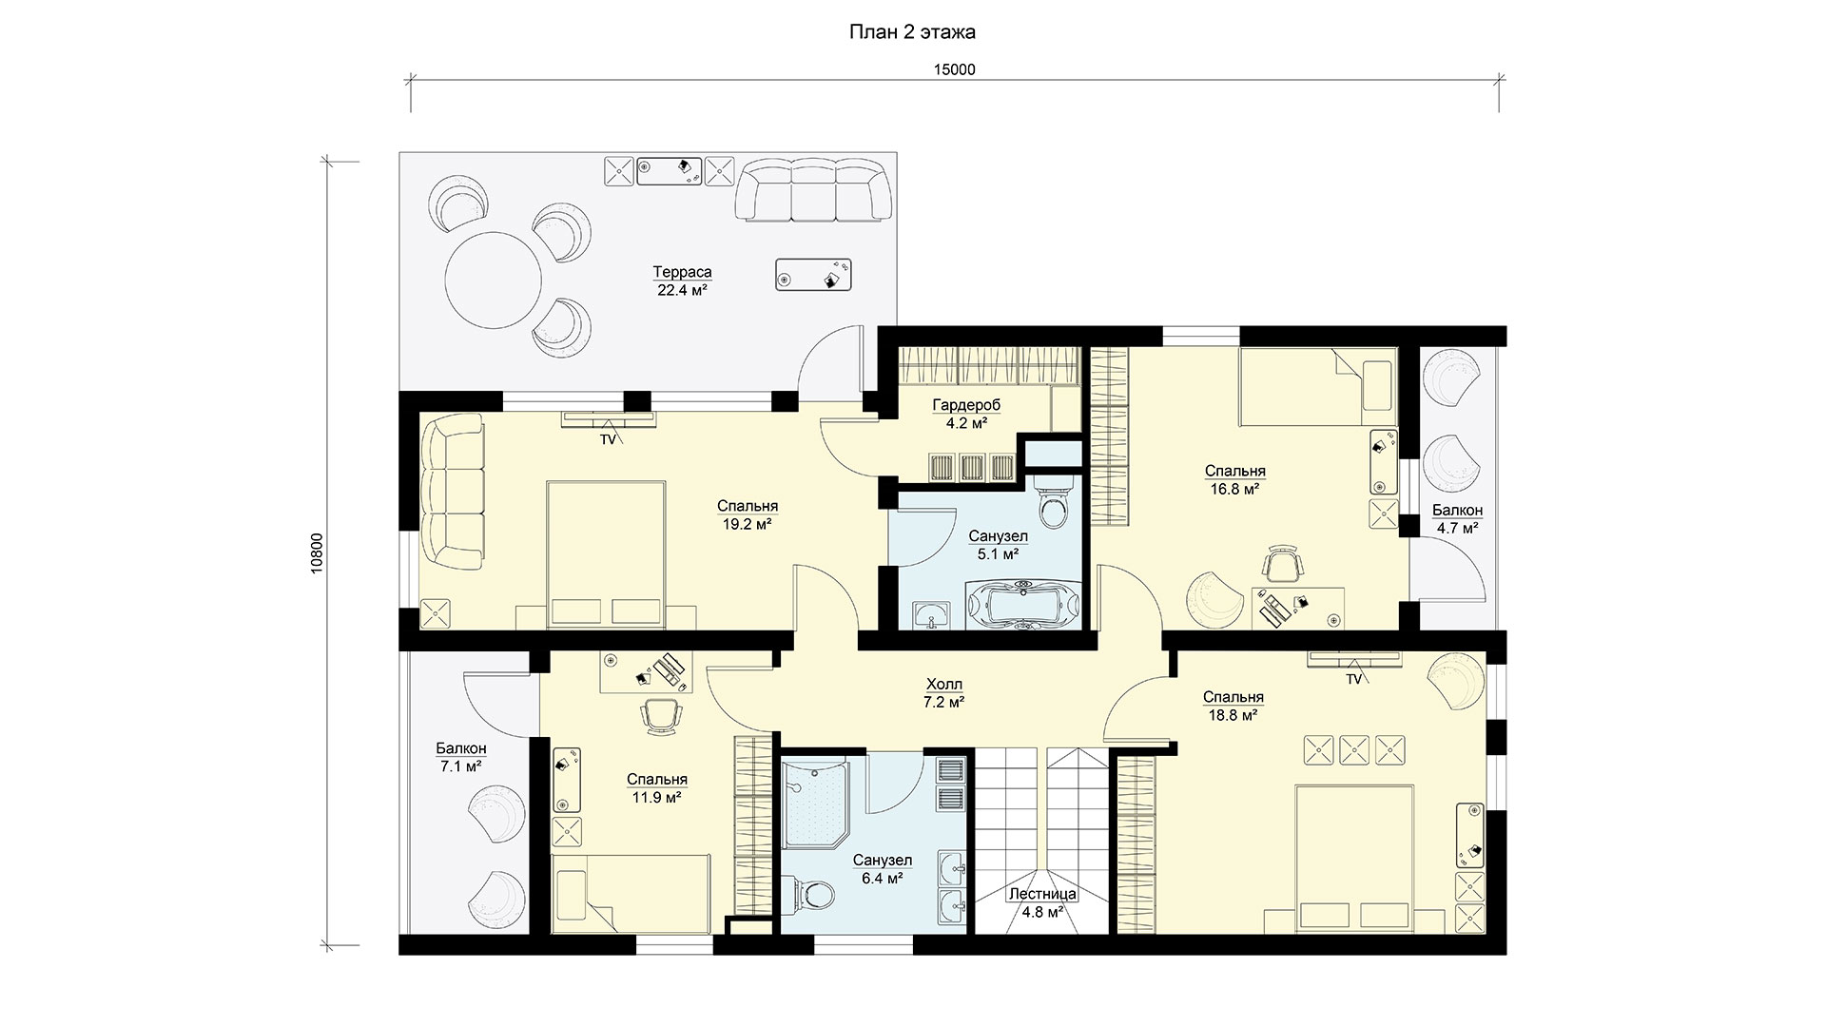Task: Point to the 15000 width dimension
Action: click(956, 69)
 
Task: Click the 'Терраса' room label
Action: click(682, 272)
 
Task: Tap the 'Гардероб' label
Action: click(966, 405)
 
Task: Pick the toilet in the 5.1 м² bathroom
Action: click(1054, 503)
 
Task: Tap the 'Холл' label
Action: click(943, 684)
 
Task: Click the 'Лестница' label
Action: click(1042, 895)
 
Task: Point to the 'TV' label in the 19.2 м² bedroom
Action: click(607, 440)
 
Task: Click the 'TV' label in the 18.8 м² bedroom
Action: click(1353, 679)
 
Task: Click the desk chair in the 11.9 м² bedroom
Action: click(660, 714)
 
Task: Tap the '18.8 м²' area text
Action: click(1233, 715)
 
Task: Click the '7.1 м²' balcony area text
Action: click(460, 765)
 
